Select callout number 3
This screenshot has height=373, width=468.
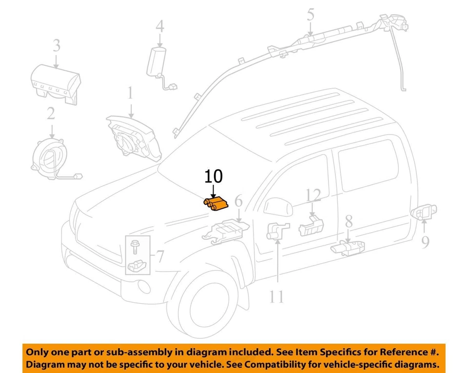coord(57,46)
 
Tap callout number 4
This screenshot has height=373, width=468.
coord(160,26)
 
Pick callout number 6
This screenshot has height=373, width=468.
coord(238,201)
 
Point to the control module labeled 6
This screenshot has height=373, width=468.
coord(226,230)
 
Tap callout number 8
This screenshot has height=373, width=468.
coord(348,222)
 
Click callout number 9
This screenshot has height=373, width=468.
coord(425,242)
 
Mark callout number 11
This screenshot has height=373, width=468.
coord(276,296)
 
